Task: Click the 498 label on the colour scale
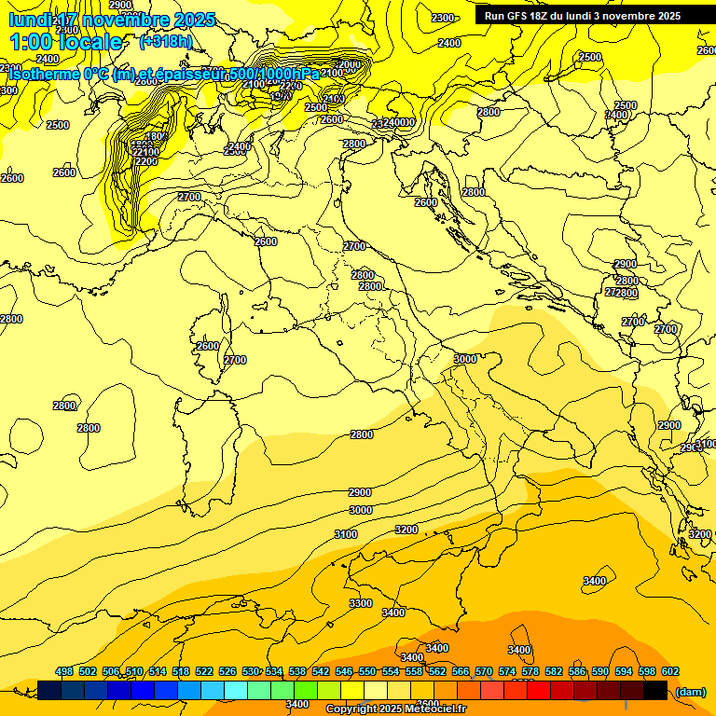pos(64,671)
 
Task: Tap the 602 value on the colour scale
pos(670,671)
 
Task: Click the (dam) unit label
pos(691,692)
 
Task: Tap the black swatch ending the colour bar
pos(655,691)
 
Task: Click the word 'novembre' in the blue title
pos(127,20)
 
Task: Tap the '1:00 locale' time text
pos(65,42)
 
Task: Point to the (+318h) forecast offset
pos(165,41)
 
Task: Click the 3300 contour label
pos(361,603)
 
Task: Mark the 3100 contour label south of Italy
pos(346,534)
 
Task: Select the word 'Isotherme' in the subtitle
pos(44,74)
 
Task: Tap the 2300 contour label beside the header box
pos(443,18)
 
